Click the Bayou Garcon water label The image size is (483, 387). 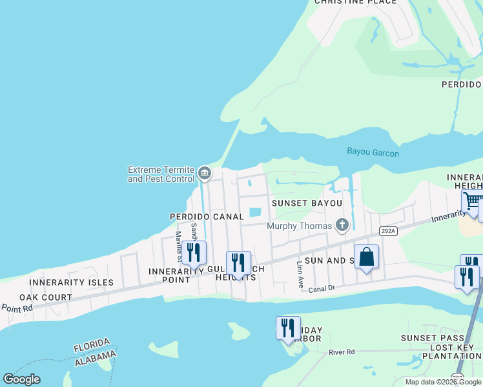click(x=373, y=153)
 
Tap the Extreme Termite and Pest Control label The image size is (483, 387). click(x=161, y=174)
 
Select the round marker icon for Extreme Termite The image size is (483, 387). click(x=205, y=173)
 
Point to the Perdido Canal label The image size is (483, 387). click(x=207, y=217)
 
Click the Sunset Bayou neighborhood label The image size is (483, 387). click(x=306, y=203)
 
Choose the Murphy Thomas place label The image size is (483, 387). click(x=299, y=225)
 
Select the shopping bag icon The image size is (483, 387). click(x=366, y=257)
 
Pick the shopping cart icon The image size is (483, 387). click(x=473, y=202)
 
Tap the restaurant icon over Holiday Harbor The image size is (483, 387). click(x=288, y=328)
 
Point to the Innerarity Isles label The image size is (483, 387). click(x=71, y=283)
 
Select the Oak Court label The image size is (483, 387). click(x=44, y=297)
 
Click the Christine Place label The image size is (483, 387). click(x=355, y=3)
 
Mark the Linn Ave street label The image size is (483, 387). click(x=299, y=274)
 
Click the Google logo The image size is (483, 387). click(x=21, y=379)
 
